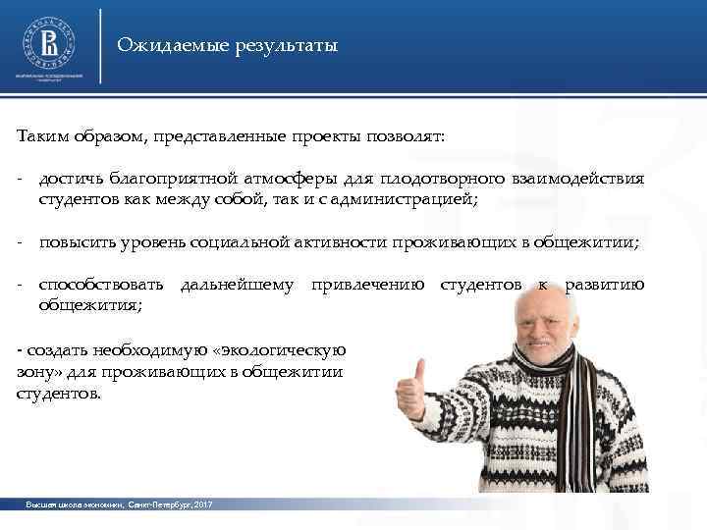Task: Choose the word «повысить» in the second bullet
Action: coord(74,241)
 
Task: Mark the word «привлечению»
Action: coord(368,285)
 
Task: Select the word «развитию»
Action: coord(605,285)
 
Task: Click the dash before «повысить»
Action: coord(20,241)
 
